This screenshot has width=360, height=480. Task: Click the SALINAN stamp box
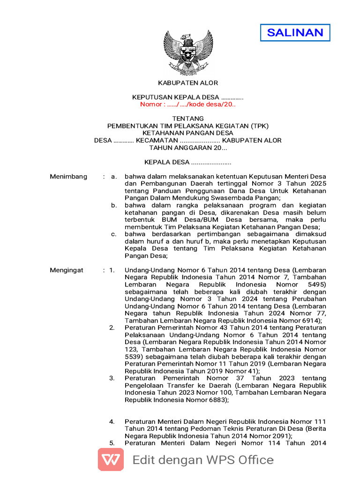(295, 32)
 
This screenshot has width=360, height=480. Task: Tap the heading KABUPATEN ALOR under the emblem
(188, 83)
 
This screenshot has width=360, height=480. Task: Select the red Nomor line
(187, 104)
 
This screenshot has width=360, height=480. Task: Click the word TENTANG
(187, 119)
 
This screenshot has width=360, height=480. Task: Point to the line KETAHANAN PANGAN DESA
(187, 133)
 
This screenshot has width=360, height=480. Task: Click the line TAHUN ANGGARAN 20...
(187, 148)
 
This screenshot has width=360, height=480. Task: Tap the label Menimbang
(68, 177)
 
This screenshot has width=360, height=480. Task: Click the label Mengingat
(67, 270)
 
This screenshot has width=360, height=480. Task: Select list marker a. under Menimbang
(114, 177)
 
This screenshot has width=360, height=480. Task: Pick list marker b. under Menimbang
(114, 205)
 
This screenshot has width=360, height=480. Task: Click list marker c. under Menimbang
(114, 234)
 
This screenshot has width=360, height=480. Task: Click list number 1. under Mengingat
(112, 270)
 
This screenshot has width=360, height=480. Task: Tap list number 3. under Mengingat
(112, 378)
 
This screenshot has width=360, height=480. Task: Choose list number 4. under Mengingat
(112, 421)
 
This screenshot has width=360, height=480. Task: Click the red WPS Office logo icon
(111, 459)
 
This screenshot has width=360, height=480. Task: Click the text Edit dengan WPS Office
(203, 460)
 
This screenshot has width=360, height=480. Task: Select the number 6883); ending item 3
(215, 400)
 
